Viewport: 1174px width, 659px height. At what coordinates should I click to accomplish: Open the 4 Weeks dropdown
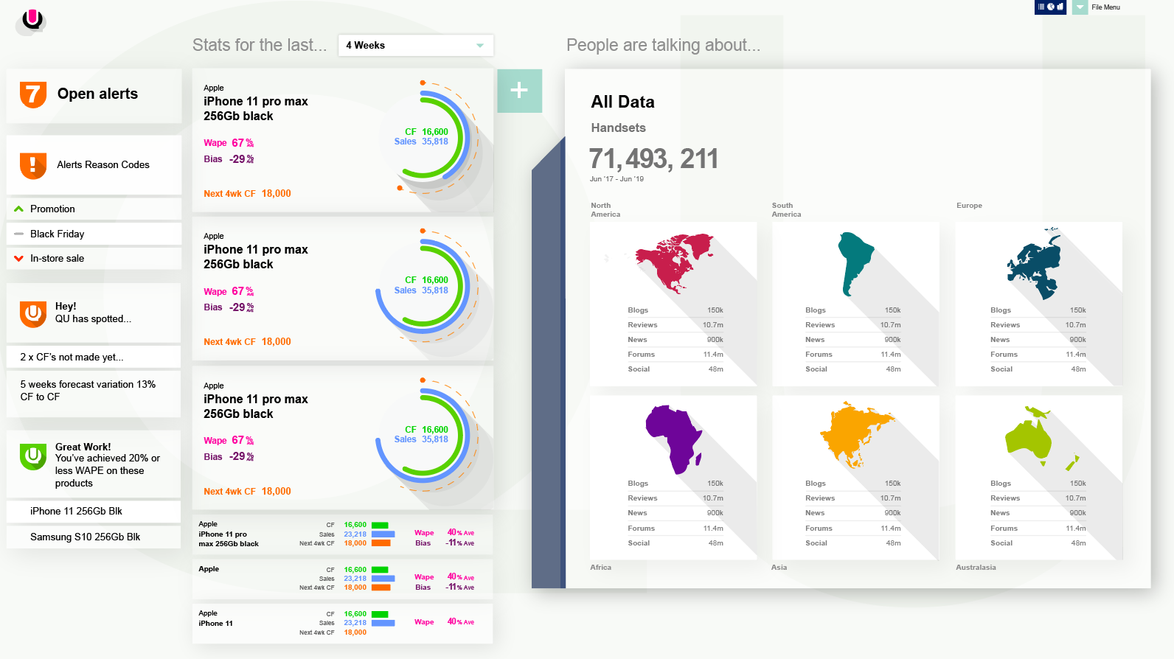(415, 46)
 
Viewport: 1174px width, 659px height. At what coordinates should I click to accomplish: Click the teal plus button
(519, 91)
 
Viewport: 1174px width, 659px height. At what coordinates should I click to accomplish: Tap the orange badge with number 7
(33, 94)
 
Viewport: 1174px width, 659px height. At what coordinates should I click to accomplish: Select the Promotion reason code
(52, 209)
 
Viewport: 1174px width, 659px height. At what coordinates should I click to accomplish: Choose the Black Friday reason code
(57, 234)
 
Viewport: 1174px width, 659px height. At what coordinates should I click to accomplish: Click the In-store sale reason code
(57, 259)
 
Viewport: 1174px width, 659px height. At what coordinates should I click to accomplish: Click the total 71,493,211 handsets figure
(653, 159)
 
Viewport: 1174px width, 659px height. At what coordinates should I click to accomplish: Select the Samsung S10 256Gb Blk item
(85, 537)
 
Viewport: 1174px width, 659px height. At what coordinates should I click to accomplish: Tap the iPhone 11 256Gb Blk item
(76, 512)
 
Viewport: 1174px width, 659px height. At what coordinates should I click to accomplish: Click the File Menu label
(1105, 7)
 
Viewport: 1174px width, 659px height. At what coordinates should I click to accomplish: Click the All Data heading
(622, 102)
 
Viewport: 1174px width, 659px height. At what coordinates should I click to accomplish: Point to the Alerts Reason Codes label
(103, 165)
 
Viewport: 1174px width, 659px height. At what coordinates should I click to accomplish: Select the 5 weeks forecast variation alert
(88, 391)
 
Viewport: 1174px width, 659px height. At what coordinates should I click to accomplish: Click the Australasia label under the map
(976, 568)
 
